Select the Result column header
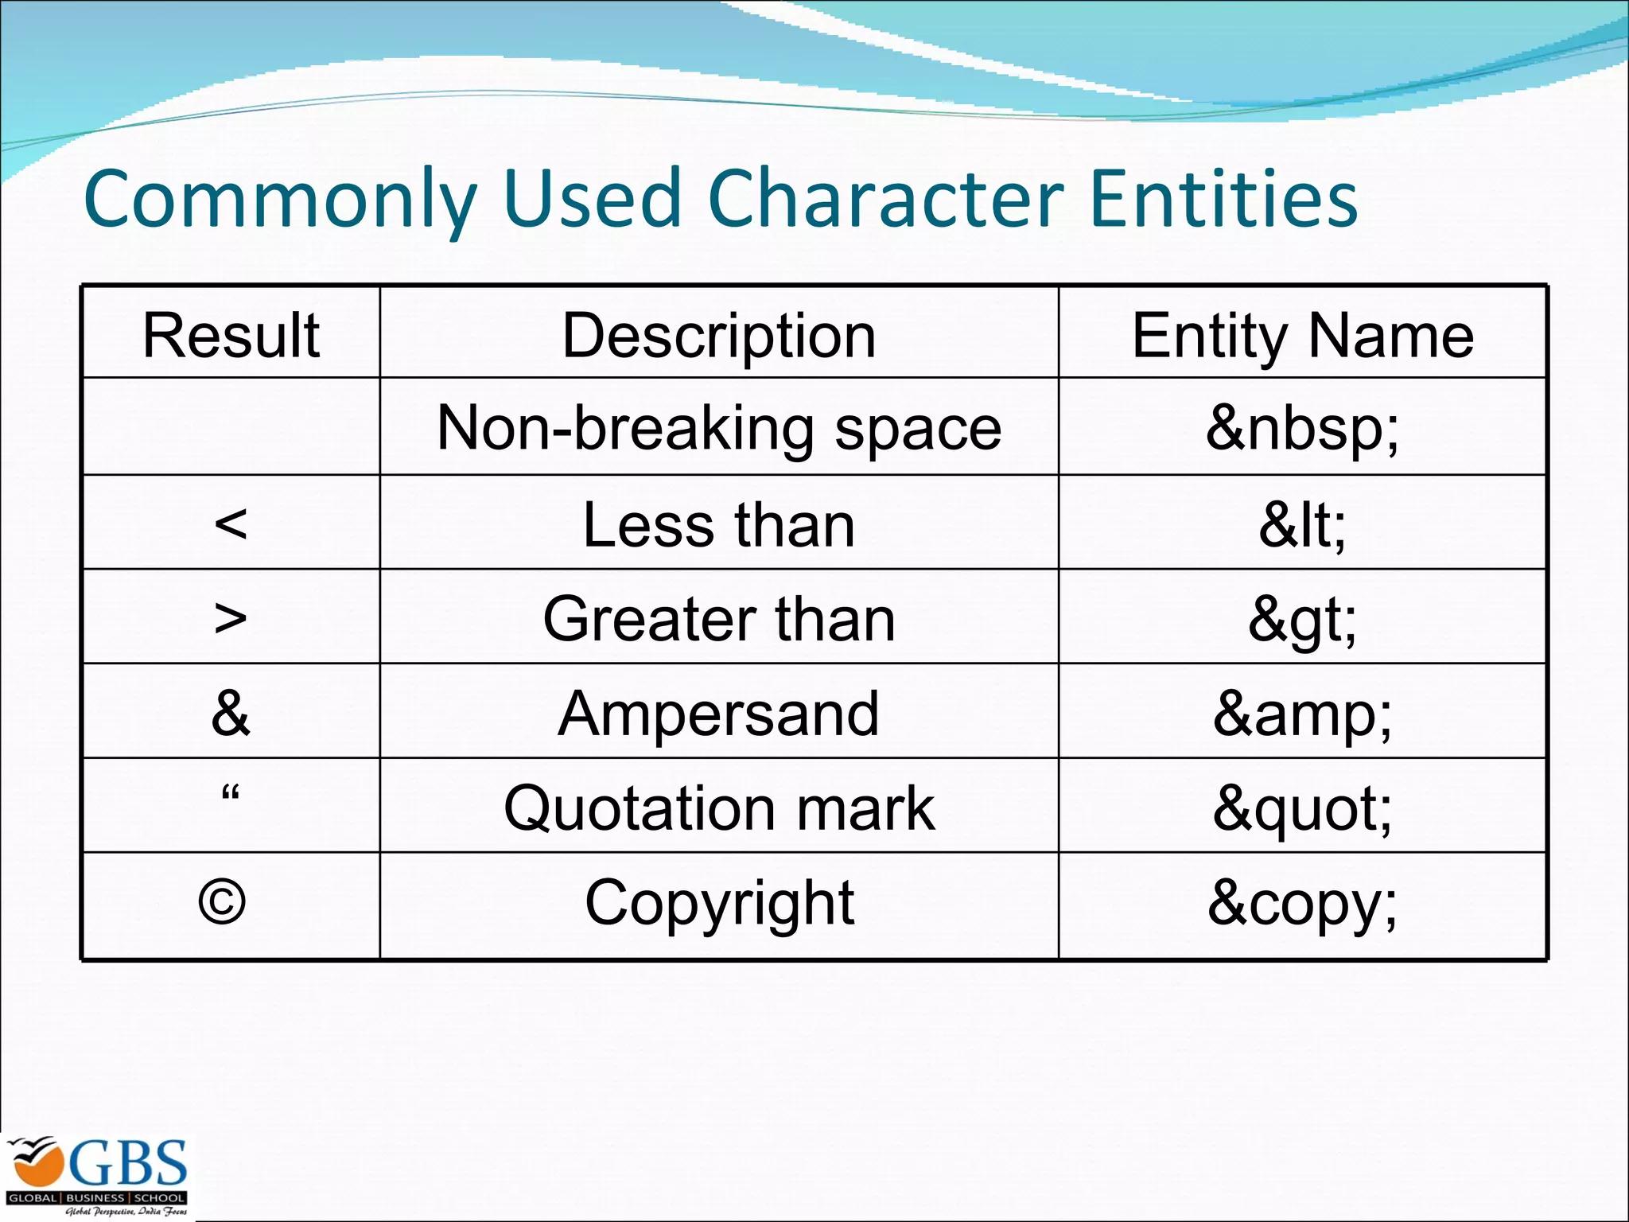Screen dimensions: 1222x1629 pos(231,335)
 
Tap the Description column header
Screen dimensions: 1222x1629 pos(719,335)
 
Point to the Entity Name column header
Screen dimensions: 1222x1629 pos(1302,335)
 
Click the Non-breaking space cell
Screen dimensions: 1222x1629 pos(719,428)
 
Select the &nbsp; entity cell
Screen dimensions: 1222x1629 pos(1302,428)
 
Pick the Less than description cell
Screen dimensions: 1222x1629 pos(719,524)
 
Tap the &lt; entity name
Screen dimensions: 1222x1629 pos(1302,524)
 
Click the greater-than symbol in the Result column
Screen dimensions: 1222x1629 pos(231,618)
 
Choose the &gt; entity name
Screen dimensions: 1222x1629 pos(1302,620)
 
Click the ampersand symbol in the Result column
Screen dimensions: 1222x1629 pos(231,713)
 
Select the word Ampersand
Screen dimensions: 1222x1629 pos(719,714)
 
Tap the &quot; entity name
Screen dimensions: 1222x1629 pos(1302,808)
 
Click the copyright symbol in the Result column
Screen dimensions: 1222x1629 pos(222,902)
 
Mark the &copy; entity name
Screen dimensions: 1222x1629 pos(1302,903)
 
